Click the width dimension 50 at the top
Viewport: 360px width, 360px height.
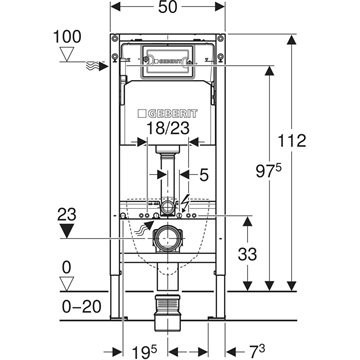tap(167, 7)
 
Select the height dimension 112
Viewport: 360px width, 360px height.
tap(292, 141)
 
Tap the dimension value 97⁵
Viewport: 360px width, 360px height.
tap(268, 172)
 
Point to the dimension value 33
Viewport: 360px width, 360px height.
tap(247, 255)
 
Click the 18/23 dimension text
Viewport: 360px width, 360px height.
tap(168, 128)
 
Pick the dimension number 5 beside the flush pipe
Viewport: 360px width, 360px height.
tap(204, 175)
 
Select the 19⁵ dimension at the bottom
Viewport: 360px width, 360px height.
tap(143, 352)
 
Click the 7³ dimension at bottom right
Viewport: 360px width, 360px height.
tap(257, 352)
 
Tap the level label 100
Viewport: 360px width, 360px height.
tap(67, 37)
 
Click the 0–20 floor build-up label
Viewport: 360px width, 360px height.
tap(82, 307)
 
